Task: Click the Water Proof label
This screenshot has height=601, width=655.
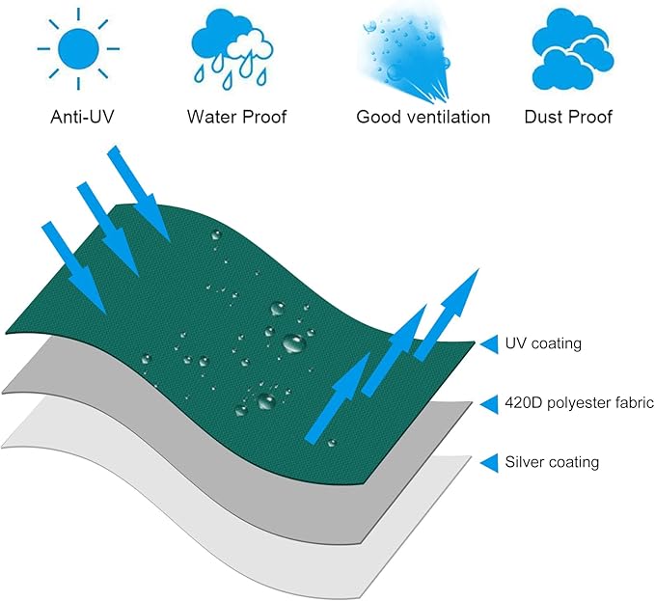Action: (236, 118)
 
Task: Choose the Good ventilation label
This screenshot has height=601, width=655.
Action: (423, 118)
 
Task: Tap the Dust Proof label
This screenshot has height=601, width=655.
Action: (568, 118)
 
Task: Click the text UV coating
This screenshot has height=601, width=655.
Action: (543, 343)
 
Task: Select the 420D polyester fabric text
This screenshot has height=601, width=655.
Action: (580, 402)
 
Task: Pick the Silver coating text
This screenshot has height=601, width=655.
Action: (552, 462)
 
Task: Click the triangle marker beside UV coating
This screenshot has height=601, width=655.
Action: (489, 343)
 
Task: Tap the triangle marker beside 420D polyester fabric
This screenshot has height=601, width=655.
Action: (489, 402)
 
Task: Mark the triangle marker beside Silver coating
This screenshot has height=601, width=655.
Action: (489, 462)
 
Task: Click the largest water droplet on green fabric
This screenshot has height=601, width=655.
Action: (292, 341)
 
